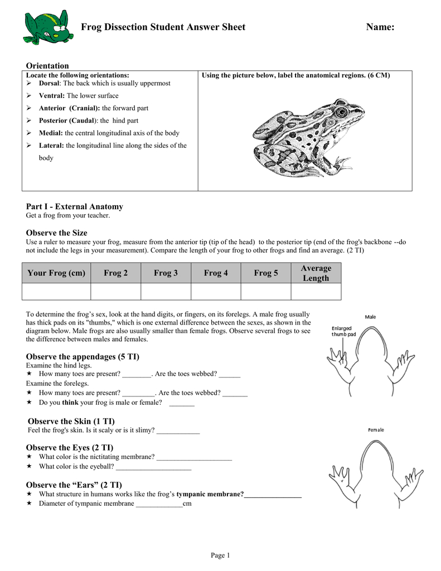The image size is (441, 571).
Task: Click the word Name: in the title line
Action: [x=380, y=27]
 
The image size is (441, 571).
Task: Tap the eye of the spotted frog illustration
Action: [x=341, y=112]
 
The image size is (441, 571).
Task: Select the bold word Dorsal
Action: [x=49, y=83]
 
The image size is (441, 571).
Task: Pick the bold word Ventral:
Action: [x=52, y=96]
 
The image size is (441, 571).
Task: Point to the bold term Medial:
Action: [x=51, y=133]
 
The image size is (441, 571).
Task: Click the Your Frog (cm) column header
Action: [x=56, y=273]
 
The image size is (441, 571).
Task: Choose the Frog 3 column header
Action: [x=166, y=273]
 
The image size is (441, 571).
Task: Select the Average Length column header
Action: [x=316, y=273]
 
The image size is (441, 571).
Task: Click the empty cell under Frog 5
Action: [x=265, y=292]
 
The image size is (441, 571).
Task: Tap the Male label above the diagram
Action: [x=370, y=317]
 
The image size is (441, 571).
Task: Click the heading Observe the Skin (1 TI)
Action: [x=71, y=421]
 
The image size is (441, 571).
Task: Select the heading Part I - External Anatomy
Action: [x=75, y=206]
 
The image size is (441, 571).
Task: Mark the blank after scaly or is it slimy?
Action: [x=178, y=431]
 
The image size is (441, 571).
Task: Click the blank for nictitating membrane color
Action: [x=194, y=457]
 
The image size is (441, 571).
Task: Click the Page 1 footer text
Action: [x=220, y=555]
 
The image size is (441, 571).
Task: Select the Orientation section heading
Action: [x=47, y=66]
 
